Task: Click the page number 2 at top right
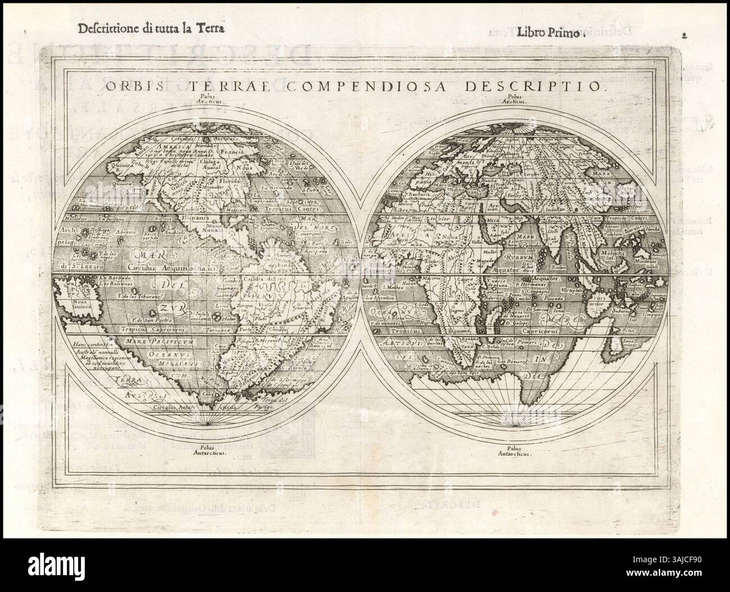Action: coord(685,34)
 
